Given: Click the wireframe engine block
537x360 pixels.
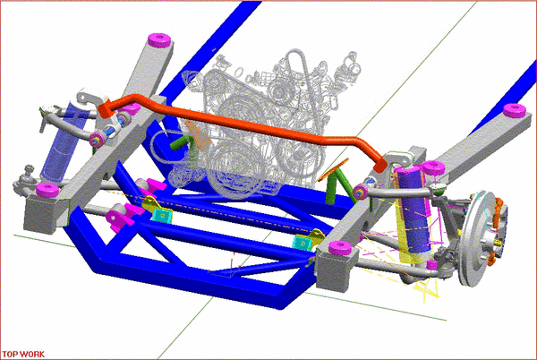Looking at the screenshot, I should pyautogui.click(x=268, y=107).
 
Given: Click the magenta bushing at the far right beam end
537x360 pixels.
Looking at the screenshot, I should pyautogui.click(x=514, y=110).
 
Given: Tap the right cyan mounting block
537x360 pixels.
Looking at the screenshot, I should pyautogui.click(x=311, y=241).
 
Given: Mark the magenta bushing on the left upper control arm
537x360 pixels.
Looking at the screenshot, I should pyautogui.click(x=95, y=137).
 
